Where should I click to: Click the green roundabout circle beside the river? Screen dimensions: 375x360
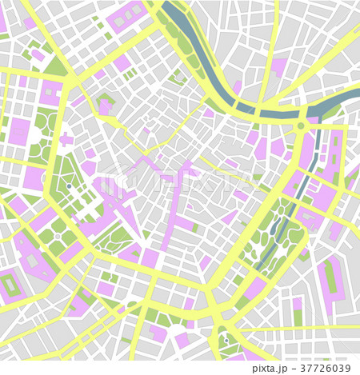(301, 126)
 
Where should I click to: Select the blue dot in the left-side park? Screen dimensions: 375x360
(69, 186)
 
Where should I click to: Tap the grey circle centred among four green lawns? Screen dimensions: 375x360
(58, 237)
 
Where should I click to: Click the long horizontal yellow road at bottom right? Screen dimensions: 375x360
(304, 328)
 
